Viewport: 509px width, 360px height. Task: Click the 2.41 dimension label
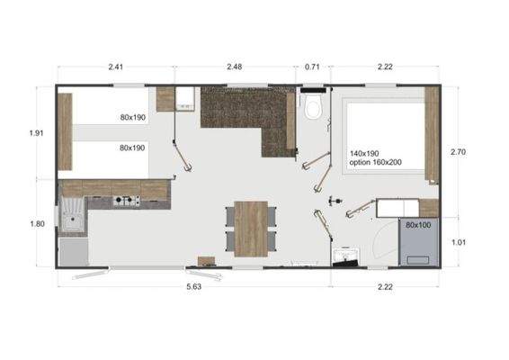[115, 66]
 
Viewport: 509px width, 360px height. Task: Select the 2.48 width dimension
[234, 66]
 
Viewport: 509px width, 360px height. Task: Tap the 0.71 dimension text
[312, 66]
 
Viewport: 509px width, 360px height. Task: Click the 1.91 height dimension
[36, 132]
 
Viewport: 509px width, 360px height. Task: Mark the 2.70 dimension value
[460, 152]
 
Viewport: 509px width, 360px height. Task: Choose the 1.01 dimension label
[460, 241]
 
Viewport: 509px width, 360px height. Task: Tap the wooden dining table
[251, 227]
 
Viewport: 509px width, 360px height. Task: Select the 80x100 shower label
[418, 225]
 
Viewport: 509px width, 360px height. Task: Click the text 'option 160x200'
[376, 164]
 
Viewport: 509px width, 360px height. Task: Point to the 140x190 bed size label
[366, 154]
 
